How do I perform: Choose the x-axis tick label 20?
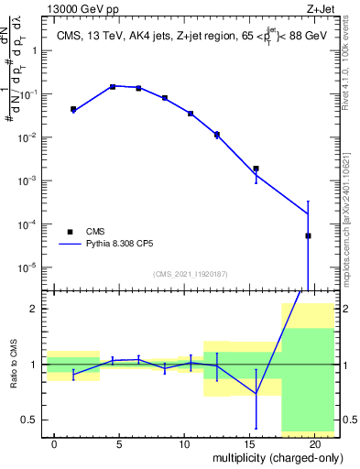[314, 443]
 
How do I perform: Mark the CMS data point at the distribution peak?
[113, 86]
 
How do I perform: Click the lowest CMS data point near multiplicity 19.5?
[308, 235]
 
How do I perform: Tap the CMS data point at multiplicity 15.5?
[256, 169]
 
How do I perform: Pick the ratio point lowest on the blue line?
[256, 394]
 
